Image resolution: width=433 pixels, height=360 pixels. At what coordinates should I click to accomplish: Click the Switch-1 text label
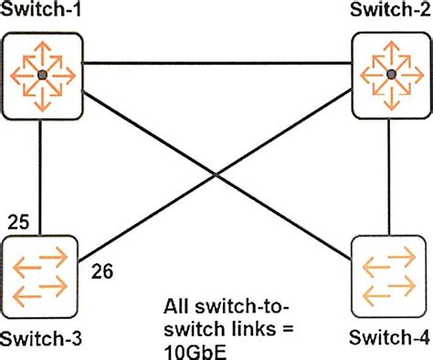(40, 12)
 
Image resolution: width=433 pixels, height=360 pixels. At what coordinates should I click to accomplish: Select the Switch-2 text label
(392, 12)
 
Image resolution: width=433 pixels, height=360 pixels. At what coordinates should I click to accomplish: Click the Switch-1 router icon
(40, 73)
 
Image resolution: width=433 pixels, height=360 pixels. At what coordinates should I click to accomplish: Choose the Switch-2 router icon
(391, 73)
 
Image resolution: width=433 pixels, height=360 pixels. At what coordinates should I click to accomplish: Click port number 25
(19, 222)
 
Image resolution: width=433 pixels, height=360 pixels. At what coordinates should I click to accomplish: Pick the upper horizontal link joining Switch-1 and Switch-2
(216, 63)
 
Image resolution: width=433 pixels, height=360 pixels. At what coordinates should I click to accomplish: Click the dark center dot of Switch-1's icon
(40, 73)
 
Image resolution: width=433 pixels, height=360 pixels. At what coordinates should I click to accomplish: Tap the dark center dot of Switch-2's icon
(391, 73)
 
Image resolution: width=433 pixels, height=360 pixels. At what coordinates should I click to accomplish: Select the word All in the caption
(180, 307)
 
